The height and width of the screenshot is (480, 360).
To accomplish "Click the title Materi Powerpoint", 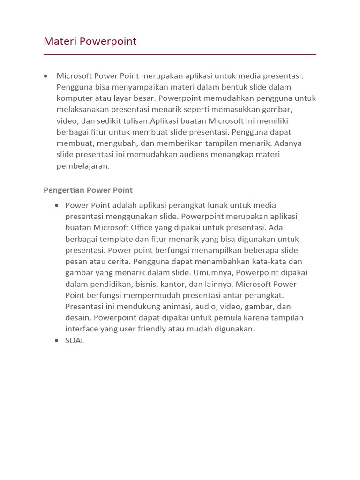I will click(x=90, y=41).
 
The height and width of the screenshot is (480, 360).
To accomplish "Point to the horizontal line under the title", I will click(x=180, y=55).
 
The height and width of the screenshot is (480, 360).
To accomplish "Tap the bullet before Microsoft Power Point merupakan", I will click(x=45, y=75).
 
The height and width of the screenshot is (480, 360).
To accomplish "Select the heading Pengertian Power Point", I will click(x=88, y=190).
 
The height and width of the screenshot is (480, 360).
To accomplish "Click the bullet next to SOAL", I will click(x=57, y=340).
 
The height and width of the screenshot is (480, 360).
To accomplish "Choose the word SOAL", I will click(x=75, y=340).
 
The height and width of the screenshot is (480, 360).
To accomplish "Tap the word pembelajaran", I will click(x=83, y=165).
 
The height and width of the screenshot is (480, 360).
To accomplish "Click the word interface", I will click(x=81, y=329).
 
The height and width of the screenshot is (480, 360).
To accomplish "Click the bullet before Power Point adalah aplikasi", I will click(x=57, y=205).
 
